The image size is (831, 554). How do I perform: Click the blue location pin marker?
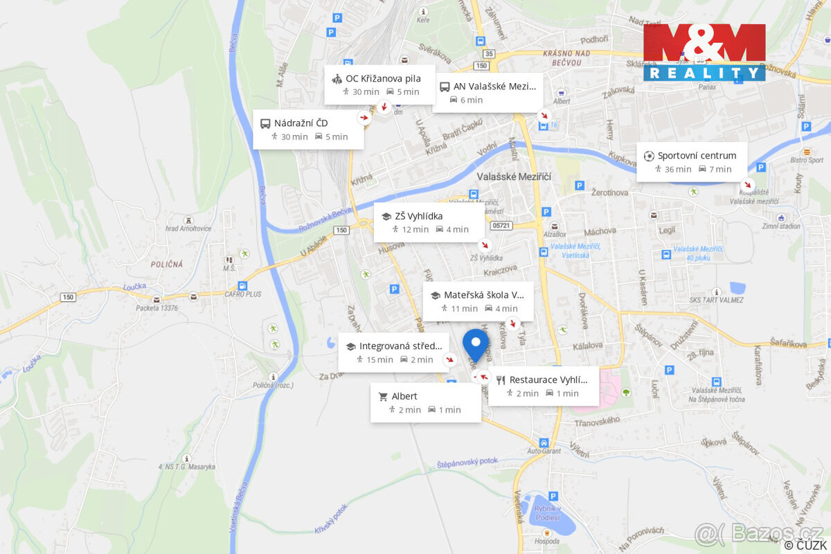[475, 343]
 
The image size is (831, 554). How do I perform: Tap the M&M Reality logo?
[704, 52]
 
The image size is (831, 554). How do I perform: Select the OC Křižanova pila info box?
[380, 84]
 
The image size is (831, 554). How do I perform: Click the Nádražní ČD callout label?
[308, 129]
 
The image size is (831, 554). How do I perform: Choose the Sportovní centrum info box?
[691, 162]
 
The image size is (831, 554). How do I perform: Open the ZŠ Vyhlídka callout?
[429, 222]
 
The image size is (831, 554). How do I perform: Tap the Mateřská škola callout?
[478, 301]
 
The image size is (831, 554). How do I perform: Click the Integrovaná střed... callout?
[393, 352]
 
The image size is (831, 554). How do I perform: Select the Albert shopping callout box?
[425, 402]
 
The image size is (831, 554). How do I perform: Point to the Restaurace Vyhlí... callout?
[543, 386]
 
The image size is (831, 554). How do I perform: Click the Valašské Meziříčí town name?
[514, 177]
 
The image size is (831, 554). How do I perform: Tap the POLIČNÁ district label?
[167, 264]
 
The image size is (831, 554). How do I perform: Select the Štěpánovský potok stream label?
[467, 463]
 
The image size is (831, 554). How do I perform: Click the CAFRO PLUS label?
[242, 294]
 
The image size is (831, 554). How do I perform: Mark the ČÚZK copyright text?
[805, 544]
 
